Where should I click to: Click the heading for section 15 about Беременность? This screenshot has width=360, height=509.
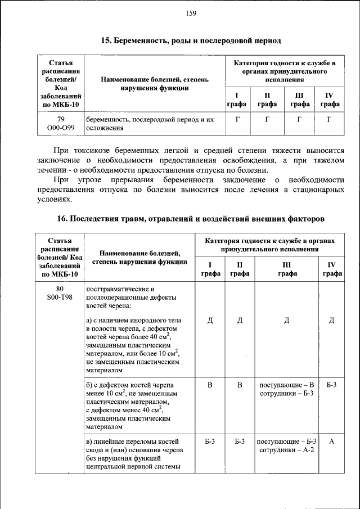click(191, 40)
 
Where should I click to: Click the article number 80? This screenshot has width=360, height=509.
click(60, 289)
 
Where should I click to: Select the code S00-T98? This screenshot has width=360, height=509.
click(60, 297)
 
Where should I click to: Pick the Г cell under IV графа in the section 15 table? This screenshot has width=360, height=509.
click(330, 119)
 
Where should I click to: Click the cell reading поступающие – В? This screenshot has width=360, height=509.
click(287, 385)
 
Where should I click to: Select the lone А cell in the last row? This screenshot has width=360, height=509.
click(331, 442)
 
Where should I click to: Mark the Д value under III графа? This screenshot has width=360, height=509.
click(287, 321)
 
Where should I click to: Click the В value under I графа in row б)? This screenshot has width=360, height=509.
click(210, 385)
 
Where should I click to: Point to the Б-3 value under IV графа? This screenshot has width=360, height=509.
click(331, 385)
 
